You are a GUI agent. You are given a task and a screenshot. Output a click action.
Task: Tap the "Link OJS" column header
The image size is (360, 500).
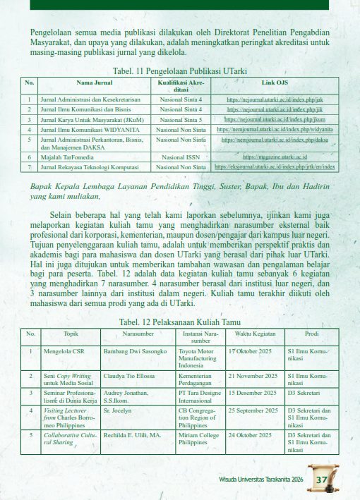[275, 83]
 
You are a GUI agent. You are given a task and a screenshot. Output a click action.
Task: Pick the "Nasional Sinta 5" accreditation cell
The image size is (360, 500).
[181, 120]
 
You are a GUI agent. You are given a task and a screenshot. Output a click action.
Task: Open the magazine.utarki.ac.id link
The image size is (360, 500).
[275, 157]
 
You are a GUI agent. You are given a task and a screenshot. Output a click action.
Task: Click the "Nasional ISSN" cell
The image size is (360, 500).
[181, 157]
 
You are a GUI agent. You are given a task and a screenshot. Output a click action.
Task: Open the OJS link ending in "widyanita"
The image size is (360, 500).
[275, 130]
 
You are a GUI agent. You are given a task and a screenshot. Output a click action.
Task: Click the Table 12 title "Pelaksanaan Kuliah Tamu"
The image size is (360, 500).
[180, 322]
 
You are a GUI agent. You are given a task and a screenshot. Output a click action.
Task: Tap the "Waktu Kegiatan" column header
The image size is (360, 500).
[255, 332]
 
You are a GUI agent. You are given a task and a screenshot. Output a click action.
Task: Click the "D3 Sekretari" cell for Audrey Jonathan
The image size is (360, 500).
[304, 392]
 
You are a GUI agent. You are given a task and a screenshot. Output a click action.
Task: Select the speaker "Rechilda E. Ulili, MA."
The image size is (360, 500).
[132, 435]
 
